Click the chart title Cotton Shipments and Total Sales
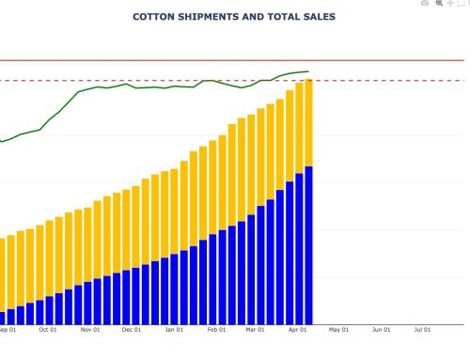[x=234, y=17]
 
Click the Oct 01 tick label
[x=48, y=330]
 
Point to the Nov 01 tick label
[x=90, y=330]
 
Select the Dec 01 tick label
[x=132, y=330]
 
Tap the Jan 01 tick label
[x=174, y=330]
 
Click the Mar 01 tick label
[x=256, y=330]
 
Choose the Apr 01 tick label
[x=298, y=330]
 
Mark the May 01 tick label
[x=339, y=330]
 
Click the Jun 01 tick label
[x=382, y=330]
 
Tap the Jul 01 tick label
[x=423, y=330]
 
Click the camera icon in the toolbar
[x=425, y=4]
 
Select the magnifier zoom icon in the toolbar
[x=439, y=4]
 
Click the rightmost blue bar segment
[x=308, y=244]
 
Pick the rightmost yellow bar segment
[x=308, y=122]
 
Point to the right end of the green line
[x=308, y=71]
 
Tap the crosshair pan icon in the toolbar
[x=450, y=4]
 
